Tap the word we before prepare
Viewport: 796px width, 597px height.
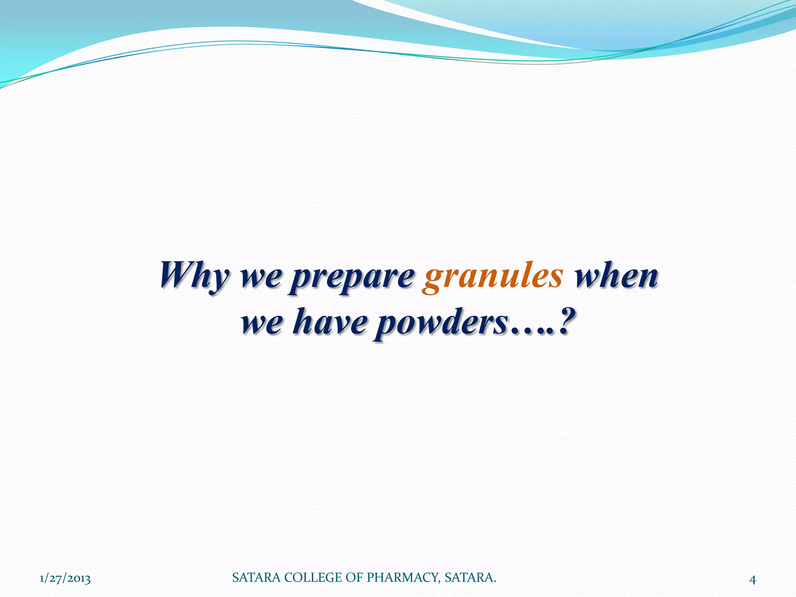pos(260,277)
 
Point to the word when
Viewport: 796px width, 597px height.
pos(616,275)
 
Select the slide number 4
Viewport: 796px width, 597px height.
pos(752,580)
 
